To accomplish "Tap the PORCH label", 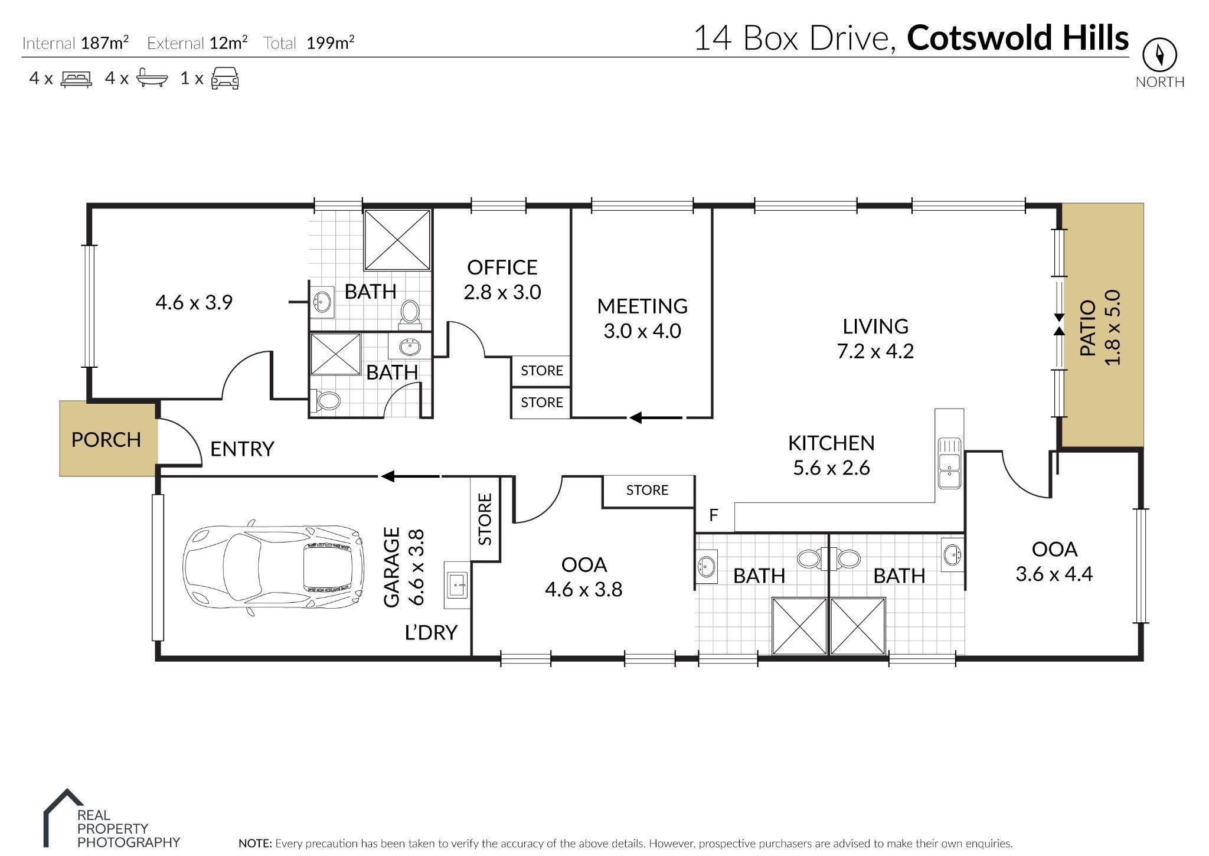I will (106, 440).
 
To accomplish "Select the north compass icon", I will (1159, 55).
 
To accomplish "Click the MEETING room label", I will (642, 306).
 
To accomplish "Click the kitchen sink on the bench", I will (949, 463).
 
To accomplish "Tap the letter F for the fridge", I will (713, 515).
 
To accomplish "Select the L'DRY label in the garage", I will (431, 633).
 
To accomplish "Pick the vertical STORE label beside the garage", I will (485, 520).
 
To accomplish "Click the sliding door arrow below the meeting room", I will (655, 418).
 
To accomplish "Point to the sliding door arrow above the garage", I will (410, 476).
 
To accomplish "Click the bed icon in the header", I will (76, 79).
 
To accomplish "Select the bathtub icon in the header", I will (152, 79).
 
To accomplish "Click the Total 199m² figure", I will (330, 43).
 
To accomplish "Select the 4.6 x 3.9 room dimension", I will (194, 303).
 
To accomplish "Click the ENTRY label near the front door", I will (242, 449).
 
